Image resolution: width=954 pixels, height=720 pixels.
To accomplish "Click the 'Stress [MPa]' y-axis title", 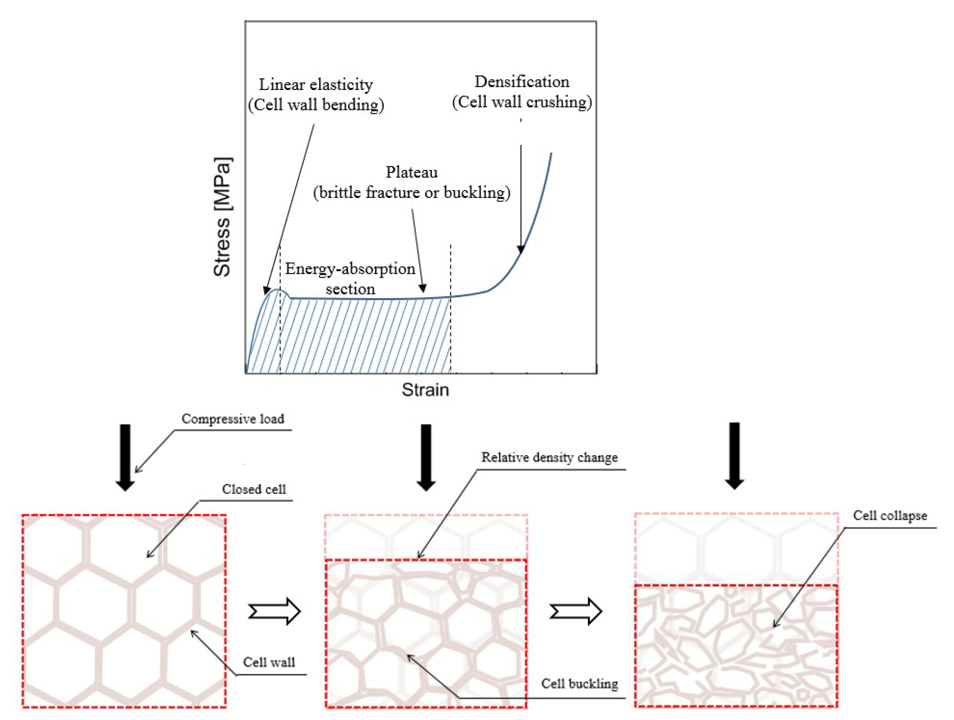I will pyautogui.click(x=223, y=217).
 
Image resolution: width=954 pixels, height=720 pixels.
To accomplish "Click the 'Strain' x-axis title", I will pyautogui.click(x=425, y=389).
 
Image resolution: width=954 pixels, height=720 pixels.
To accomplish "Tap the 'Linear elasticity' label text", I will pyautogui.click(x=316, y=85).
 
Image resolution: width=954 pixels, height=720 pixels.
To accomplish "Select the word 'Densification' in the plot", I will pyautogui.click(x=522, y=82).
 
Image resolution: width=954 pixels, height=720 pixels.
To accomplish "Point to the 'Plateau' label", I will pyautogui.click(x=411, y=172).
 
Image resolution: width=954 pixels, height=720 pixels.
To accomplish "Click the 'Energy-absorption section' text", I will pyautogui.click(x=350, y=278).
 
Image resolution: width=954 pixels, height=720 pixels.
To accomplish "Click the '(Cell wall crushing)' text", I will pyautogui.click(x=522, y=102).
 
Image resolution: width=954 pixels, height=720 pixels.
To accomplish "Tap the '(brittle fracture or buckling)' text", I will pyautogui.click(x=411, y=192).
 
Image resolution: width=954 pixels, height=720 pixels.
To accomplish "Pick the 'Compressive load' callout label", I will pyautogui.click(x=233, y=419).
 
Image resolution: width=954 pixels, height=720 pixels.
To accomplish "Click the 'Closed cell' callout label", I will pyautogui.click(x=253, y=489).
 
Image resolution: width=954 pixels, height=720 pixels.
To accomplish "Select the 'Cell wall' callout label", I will pyautogui.click(x=269, y=662).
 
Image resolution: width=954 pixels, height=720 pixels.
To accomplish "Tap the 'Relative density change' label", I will pyautogui.click(x=550, y=457).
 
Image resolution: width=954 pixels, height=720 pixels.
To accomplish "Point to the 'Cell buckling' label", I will pyautogui.click(x=579, y=684).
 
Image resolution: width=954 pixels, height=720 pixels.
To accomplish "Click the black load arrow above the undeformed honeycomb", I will pyautogui.click(x=125, y=457).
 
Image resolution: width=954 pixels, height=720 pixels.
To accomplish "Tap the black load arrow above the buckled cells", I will pyautogui.click(x=426, y=457).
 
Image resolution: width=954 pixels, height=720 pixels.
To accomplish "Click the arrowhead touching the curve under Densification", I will pyautogui.click(x=521, y=249).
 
